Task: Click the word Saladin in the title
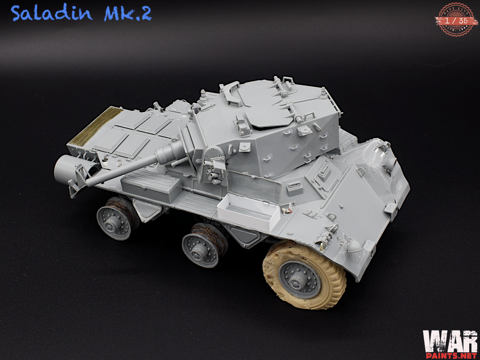(x=52, y=14)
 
